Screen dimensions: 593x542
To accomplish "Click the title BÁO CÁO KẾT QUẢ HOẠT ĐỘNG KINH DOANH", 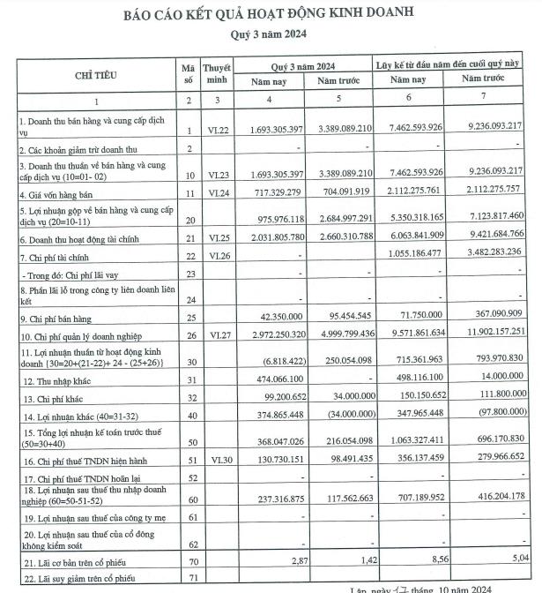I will (x=271, y=13).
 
